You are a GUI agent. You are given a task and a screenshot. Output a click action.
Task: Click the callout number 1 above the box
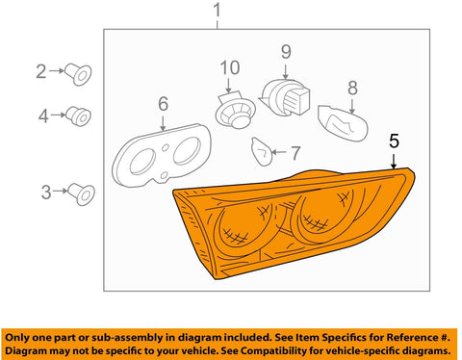click(218, 11)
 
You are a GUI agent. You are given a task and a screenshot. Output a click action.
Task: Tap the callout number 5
click(394, 141)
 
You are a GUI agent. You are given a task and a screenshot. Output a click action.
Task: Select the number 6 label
click(164, 104)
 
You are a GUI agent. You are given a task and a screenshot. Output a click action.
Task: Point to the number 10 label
click(230, 68)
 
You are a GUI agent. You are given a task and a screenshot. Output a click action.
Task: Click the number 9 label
click(286, 52)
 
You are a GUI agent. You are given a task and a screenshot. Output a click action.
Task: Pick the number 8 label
click(352, 88)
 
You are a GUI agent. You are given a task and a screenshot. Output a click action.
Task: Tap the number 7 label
click(295, 153)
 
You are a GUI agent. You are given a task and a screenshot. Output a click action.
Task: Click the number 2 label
click(40, 71)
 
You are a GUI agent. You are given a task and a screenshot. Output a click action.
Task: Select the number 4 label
click(43, 116)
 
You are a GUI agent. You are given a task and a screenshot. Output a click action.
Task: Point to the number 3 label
click(46, 193)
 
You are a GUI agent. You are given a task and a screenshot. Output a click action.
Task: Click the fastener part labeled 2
click(78, 74)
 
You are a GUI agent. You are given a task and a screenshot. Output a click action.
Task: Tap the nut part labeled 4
click(79, 116)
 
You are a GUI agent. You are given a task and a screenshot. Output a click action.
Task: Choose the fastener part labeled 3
click(82, 194)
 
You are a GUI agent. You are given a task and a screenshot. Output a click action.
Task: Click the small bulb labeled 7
click(262, 151)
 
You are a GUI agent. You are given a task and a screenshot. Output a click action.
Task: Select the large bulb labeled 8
click(343, 123)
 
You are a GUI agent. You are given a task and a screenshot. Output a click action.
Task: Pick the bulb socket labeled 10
click(235, 111)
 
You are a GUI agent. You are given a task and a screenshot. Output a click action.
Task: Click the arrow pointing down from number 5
click(394, 161)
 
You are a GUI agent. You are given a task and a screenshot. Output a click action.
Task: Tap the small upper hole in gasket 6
click(166, 148)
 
